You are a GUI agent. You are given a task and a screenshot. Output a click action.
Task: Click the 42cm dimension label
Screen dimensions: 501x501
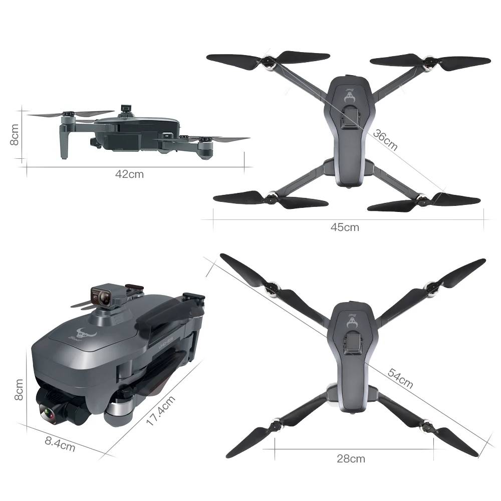(129, 174)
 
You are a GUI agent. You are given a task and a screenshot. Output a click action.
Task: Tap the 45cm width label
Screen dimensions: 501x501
(345, 227)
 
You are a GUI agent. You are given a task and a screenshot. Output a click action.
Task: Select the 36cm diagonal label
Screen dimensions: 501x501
(385, 140)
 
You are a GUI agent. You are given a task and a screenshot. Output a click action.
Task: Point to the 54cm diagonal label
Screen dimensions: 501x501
(400, 378)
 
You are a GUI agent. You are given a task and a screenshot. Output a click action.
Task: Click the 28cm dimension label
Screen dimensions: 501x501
(351, 458)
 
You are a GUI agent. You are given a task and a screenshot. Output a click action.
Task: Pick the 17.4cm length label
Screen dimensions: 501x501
(161, 411)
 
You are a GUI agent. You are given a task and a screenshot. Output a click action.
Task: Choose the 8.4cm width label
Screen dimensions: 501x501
(60, 443)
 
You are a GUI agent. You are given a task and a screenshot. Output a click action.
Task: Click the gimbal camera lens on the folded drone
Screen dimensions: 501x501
(48, 414)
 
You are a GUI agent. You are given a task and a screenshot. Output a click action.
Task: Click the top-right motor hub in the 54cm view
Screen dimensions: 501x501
(432, 287)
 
